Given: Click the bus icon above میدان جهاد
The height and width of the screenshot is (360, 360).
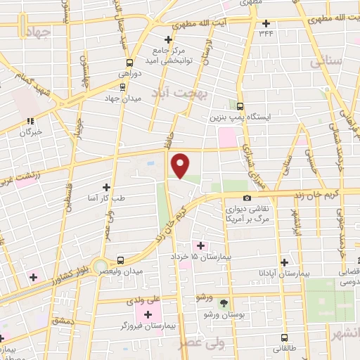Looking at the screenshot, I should [124, 87].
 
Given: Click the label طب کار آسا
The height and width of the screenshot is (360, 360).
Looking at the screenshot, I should [107, 199].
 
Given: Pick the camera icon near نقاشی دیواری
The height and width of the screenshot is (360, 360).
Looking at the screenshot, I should [246, 198].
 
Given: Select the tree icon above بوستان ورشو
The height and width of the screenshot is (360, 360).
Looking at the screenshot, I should [224, 302].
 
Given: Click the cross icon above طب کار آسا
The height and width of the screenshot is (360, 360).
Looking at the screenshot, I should [107, 187].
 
